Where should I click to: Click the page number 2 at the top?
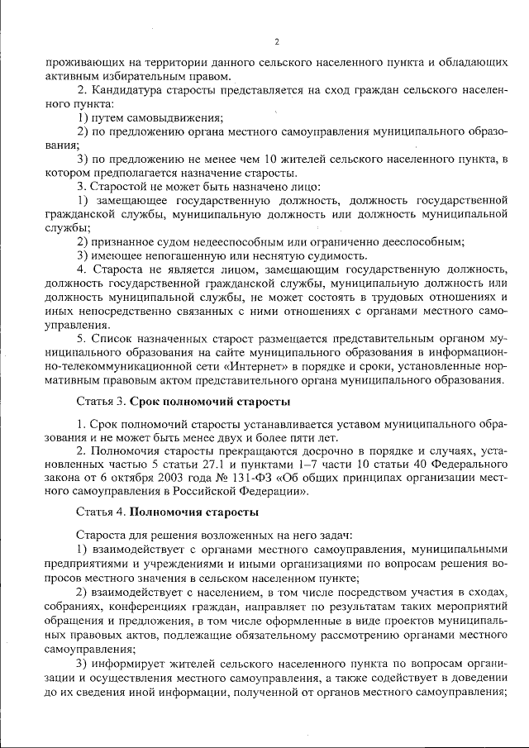277,42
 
